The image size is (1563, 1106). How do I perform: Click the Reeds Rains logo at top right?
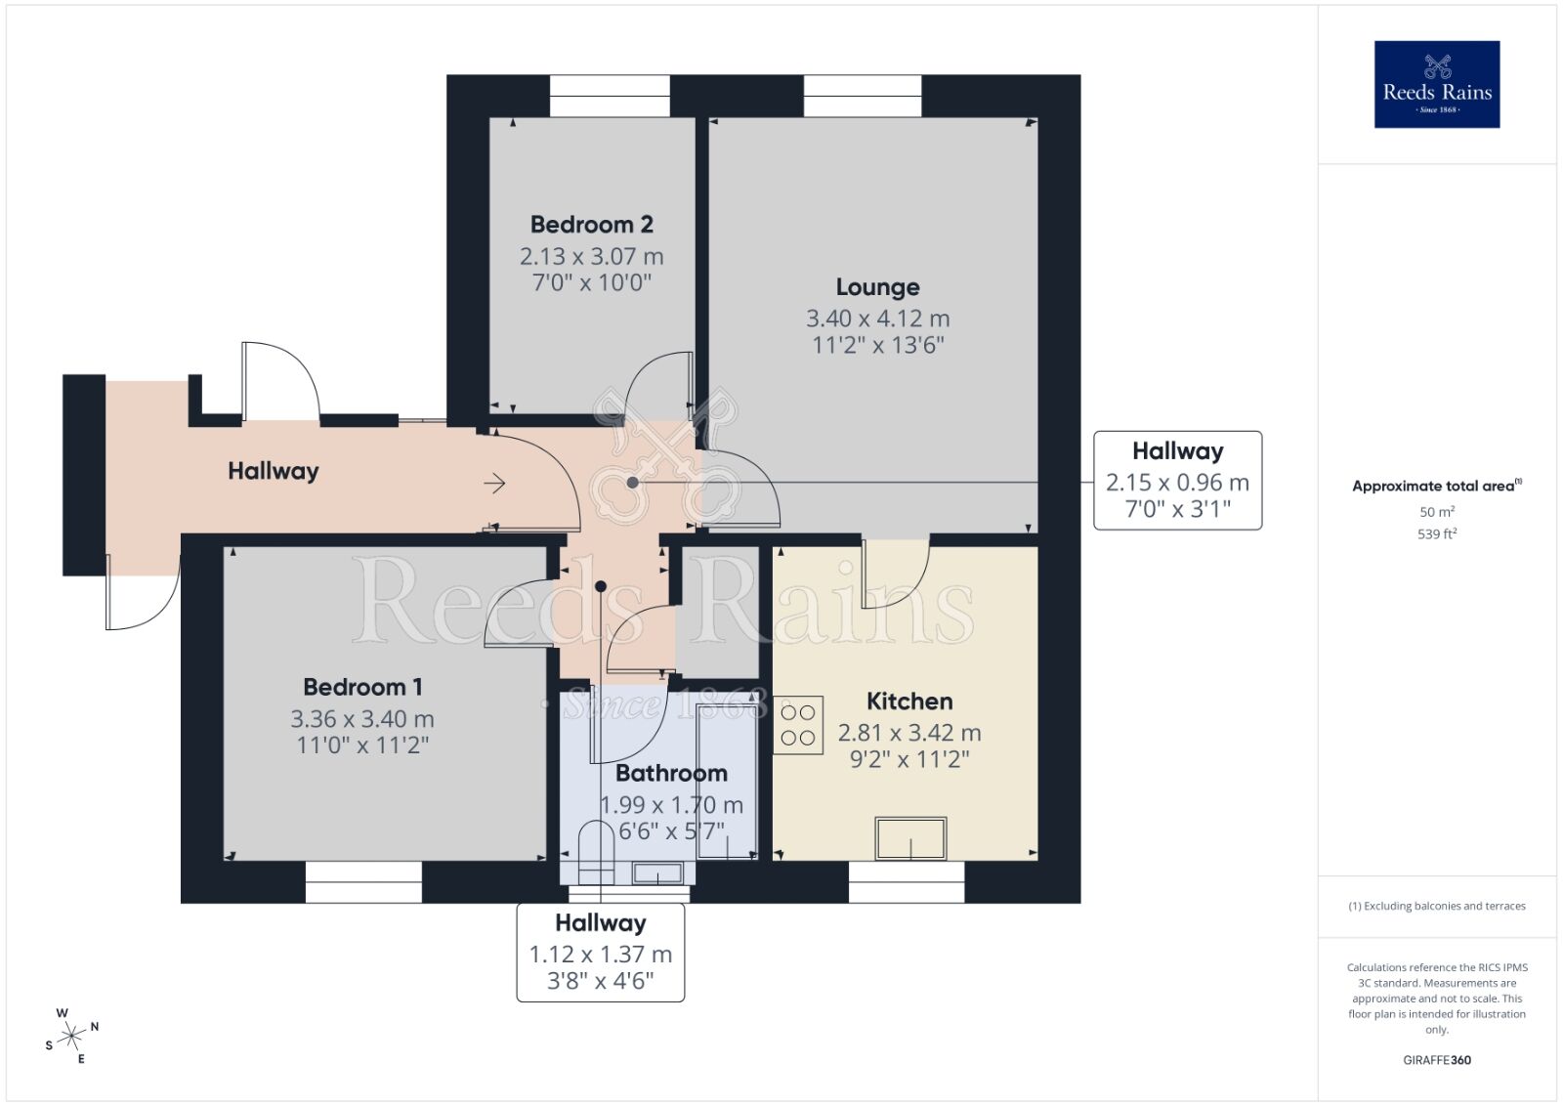[x=1436, y=84]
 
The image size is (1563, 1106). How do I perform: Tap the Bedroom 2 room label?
[x=591, y=225]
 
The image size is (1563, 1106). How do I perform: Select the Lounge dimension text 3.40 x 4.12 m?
[x=877, y=319]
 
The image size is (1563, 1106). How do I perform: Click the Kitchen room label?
[x=908, y=702]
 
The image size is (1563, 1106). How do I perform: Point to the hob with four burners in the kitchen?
[x=798, y=725]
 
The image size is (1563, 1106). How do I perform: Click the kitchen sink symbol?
[x=910, y=838]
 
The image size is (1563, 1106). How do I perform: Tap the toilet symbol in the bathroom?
[x=594, y=850]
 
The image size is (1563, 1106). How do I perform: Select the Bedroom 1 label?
[x=362, y=688]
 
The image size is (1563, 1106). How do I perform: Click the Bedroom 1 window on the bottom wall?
[x=363, y=881]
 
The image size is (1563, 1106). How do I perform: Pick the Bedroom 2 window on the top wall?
[x=610, y=96]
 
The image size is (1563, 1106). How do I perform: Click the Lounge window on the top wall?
[x=863, y=96]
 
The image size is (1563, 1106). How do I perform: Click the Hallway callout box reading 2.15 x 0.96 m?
[x=1177, y=481]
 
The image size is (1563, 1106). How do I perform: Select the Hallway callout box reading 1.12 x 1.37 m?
[x=600, y=953]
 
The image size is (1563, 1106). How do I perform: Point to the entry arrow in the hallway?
[x=494, y=484]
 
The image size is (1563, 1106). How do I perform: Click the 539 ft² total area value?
[x=1436, y=534]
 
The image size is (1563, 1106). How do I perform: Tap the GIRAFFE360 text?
[x=1436, y=1060]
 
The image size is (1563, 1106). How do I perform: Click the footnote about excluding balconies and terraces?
[x=1436, y=906]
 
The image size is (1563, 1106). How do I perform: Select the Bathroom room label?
[x=671, y=774]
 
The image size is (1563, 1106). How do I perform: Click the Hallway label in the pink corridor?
[x=273, y=471]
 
